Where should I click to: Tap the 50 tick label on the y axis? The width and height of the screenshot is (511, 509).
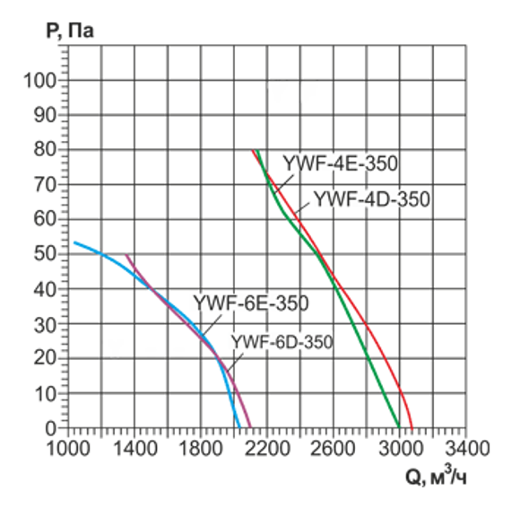pos(46,255)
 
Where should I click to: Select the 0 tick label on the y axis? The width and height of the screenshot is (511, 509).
pos(51,428)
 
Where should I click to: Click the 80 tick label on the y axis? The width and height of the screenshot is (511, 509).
pos(46,151)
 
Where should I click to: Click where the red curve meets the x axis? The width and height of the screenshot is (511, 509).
pos(412,428)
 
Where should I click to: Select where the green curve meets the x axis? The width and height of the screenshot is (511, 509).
pos(399,428)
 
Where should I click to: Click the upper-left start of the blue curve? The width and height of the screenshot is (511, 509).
pos(74,242)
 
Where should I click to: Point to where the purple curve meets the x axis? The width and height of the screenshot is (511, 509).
pos(251,428)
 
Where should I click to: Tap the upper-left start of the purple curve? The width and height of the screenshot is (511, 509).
pos(126,255)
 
